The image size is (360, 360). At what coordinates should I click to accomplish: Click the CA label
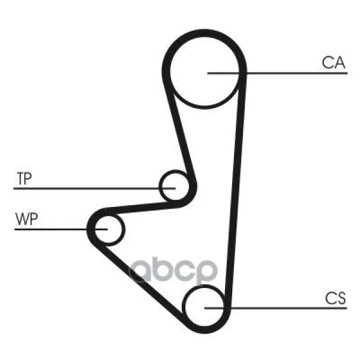(x=334, y=62)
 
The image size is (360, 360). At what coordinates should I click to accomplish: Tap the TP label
(x=25, y=178)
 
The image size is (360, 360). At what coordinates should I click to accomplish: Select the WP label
(x=26, y=219)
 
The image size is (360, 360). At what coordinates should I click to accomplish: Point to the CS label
(x=335, y=298)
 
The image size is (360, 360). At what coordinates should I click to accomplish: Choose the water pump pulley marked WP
(x=124, y=230)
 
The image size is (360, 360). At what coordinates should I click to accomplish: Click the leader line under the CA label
(x=277, y=73)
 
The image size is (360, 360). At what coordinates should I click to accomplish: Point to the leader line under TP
(x=95, y=188)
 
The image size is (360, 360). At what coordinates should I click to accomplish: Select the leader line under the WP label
(x=61, y=229)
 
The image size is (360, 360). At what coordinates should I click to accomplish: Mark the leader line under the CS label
(x=276, y=308)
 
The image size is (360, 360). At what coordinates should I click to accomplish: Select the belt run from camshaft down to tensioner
(x=179, y=128)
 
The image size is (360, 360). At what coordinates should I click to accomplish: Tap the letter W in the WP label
(x=22, y=219)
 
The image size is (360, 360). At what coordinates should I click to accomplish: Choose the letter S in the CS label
(x=341, y=298)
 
